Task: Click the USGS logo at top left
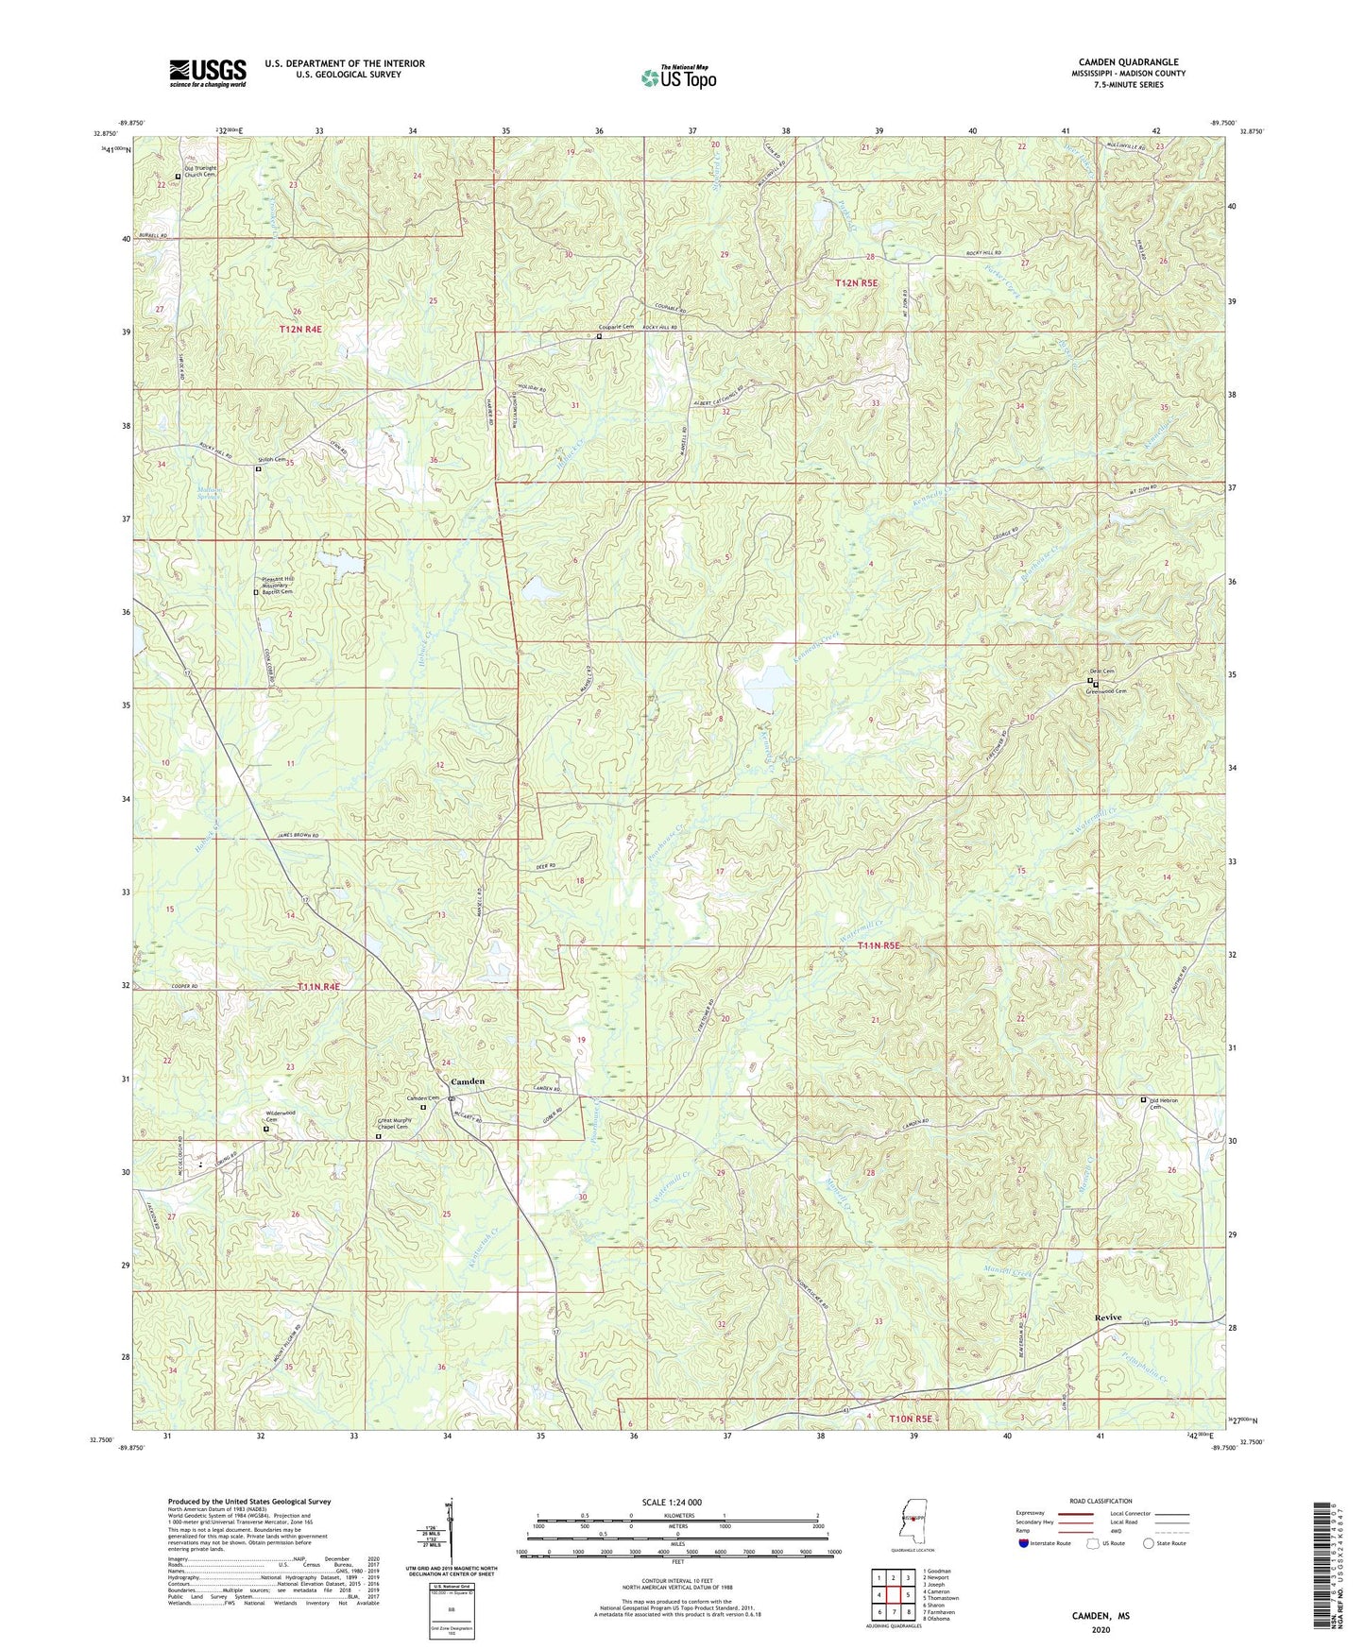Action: (207, 73)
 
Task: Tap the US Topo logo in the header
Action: (678, 77)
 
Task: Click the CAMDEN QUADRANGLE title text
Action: (1128, 62)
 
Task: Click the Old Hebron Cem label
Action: (1168, 1103)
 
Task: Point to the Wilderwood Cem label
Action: (281, 1116)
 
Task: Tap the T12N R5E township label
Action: (856, 283)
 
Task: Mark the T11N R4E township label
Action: (317, 986)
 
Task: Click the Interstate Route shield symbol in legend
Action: (1024, 1543)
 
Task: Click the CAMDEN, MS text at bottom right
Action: (1101, 1616)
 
